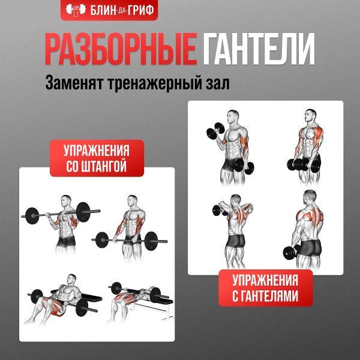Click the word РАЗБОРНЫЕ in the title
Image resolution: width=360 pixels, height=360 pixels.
[x=121, y=49]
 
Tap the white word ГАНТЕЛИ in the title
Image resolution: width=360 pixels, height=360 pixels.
[x=259, y=49]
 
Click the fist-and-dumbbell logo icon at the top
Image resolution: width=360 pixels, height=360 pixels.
[x=76, y=10]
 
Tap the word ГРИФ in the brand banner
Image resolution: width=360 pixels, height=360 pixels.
[x=140, y=10]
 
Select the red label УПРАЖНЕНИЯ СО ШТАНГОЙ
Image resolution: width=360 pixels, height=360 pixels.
[x=97, y=158]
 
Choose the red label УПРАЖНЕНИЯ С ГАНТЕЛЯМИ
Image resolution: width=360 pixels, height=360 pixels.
[x=266, y=288]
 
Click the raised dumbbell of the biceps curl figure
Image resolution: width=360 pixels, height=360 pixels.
[x=215, y=131]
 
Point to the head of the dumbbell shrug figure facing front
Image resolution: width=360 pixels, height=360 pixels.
[x=310, y=115]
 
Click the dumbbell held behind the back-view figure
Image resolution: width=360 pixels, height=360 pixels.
[x=291, y=252]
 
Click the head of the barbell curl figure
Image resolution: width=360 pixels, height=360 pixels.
[x=66, y=201]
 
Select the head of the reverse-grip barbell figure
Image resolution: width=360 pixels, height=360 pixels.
[x=133, y=201]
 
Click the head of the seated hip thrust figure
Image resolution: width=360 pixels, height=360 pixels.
[x=72, y=280]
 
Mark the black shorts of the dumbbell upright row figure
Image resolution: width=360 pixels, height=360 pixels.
[x=235, y=241]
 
